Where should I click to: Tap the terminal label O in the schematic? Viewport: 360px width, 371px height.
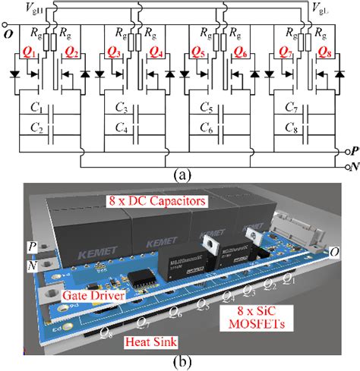7,33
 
